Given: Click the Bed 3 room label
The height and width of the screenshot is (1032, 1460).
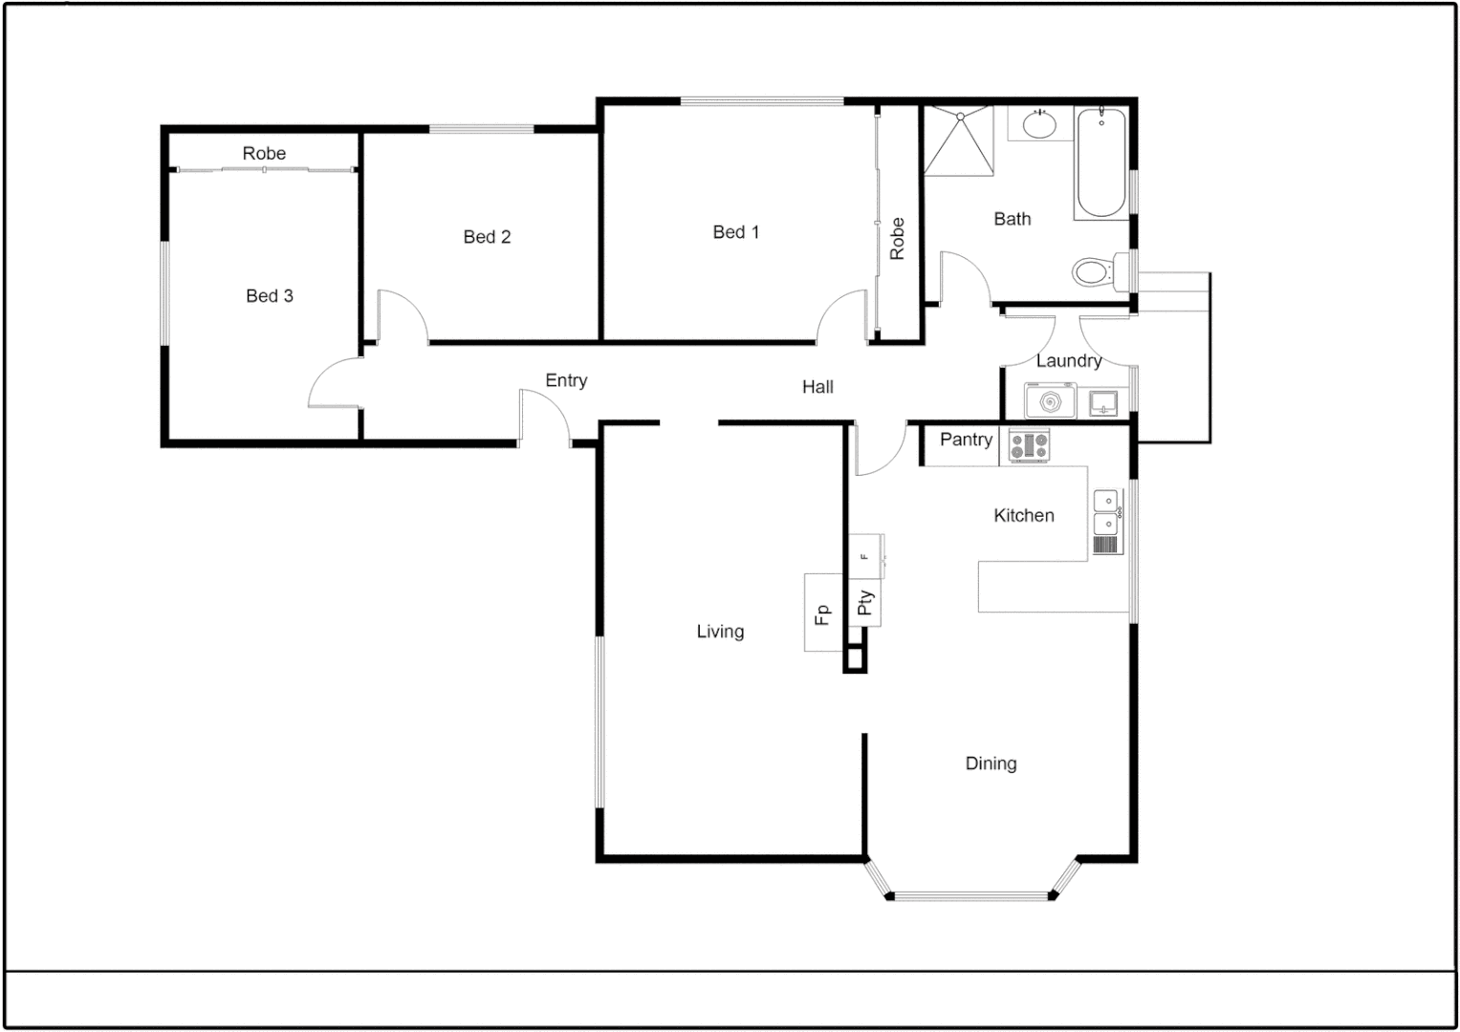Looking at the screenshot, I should coord(269,296).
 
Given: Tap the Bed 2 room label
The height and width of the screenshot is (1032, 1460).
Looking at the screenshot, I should coord(487,237).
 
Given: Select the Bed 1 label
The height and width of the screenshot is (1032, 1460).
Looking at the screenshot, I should coord(735,232).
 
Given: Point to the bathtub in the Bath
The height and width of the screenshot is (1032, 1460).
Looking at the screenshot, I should coord(1101,163).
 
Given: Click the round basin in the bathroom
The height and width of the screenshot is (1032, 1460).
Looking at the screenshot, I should coord(1038,124).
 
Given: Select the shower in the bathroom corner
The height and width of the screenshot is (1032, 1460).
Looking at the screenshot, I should coord(958,140).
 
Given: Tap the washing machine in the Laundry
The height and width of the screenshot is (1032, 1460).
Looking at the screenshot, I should coord(1050,401).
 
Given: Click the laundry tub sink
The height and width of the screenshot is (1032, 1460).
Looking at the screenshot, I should coord(1104,402).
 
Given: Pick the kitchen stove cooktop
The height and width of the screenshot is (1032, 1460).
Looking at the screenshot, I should coord(1029,445).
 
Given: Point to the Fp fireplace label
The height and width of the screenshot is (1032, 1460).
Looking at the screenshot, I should coord(821,613).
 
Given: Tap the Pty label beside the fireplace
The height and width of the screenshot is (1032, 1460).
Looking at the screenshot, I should coord(864,603).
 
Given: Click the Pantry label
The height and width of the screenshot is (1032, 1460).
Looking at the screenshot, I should coord(966,440).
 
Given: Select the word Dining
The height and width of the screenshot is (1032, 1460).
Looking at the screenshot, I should coord(991,763).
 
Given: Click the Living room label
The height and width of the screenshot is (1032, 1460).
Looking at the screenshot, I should coord(719,632).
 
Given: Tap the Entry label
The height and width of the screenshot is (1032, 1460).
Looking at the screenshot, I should coord(566,380).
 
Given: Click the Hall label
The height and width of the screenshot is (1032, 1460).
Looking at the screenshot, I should coord(817,387).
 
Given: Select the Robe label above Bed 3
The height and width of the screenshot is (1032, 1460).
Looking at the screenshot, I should coord(264,154).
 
